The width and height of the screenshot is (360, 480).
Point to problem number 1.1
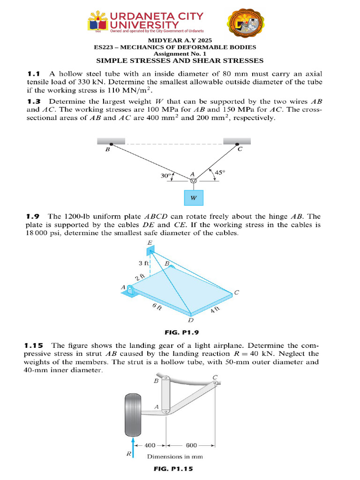coord(34,74)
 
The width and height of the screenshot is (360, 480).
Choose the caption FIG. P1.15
coord(173,468)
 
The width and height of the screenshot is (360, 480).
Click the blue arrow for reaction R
coord(134,447)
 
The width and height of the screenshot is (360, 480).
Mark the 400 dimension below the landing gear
coord(150,446)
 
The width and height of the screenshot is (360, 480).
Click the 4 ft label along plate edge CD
coord(215,309)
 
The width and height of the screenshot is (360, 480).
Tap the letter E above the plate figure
coord(150,243)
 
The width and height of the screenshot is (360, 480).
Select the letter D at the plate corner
coord(190,321)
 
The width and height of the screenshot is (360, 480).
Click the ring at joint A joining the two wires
coord(193,181)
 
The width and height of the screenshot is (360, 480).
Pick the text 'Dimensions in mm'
coord(175,456)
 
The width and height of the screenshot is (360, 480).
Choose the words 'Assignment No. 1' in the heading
coord(180,54)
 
